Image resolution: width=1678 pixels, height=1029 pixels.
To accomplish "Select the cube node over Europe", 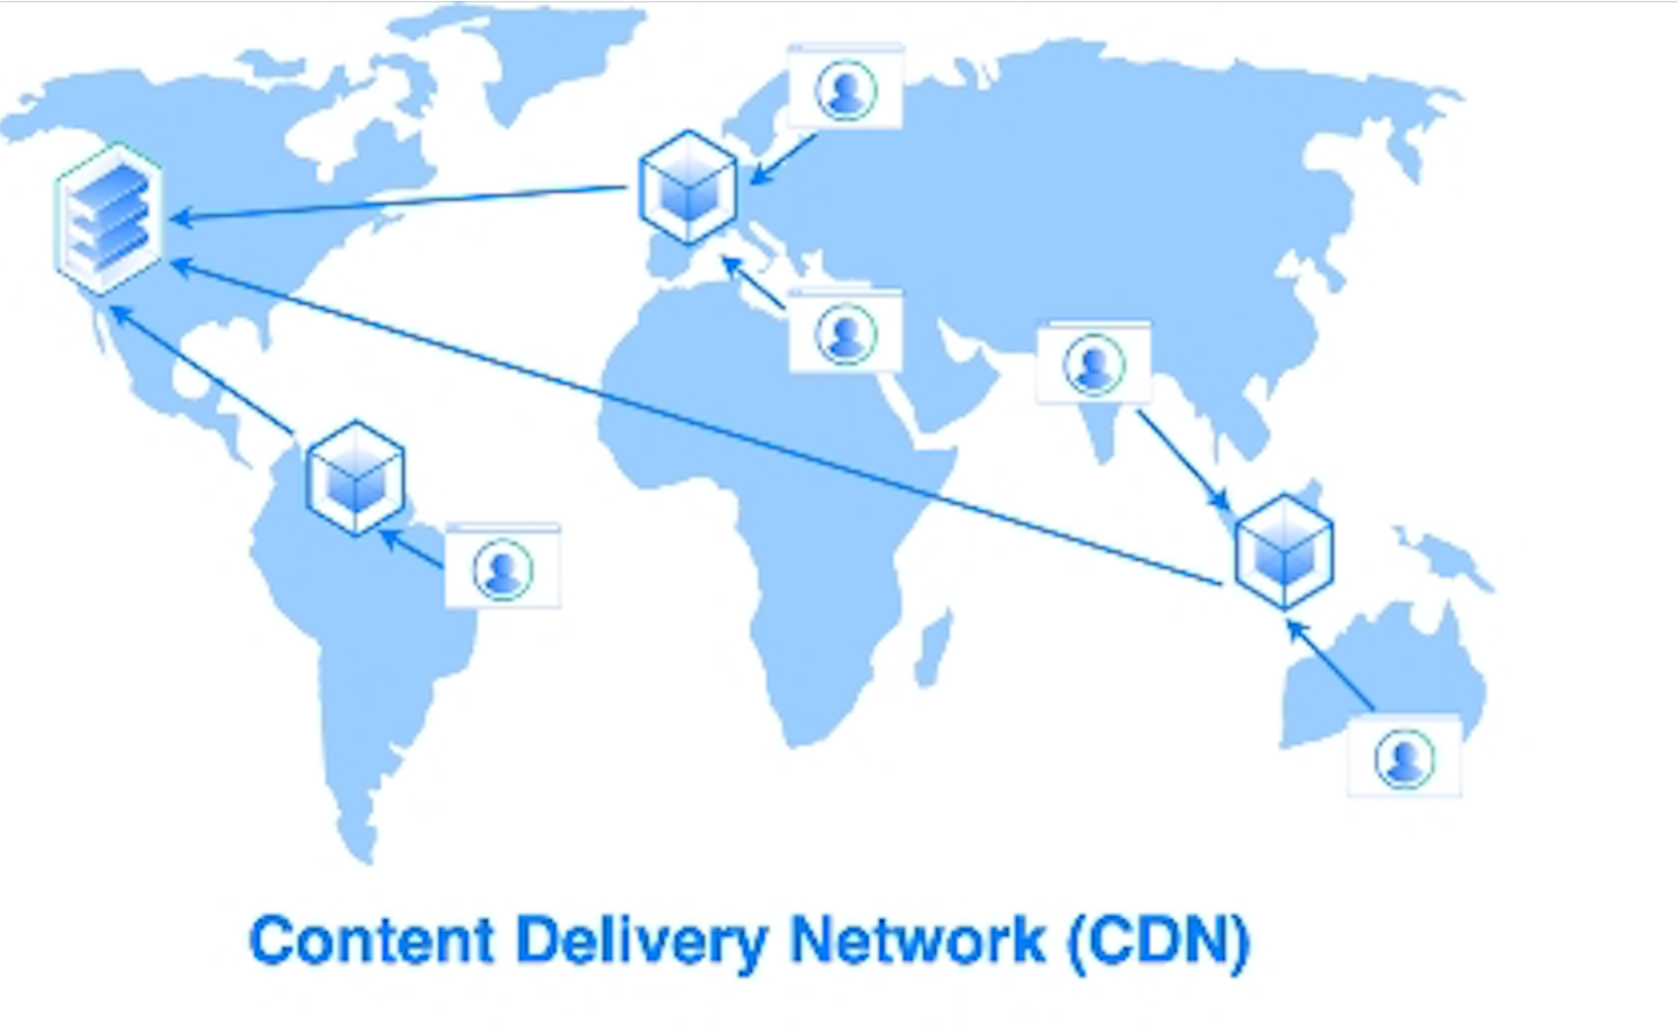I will pos(688,188).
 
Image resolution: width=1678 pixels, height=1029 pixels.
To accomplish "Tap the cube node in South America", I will pos(355,477).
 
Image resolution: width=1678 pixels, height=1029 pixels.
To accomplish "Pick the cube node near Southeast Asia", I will pos(1283,551).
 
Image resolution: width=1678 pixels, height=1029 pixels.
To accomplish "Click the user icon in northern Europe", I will pos(845,90).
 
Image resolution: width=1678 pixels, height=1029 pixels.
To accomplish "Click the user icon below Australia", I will pos(1404,759).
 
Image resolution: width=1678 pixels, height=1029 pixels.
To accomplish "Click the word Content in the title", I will pos(372,940).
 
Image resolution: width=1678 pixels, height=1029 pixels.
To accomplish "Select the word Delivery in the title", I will pos(640,940).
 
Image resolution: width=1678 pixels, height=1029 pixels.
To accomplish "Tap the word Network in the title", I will pos(917,940).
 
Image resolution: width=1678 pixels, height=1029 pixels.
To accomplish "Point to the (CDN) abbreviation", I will pos(1159,940).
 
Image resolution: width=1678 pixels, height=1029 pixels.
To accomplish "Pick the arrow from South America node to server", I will pos(202,371).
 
